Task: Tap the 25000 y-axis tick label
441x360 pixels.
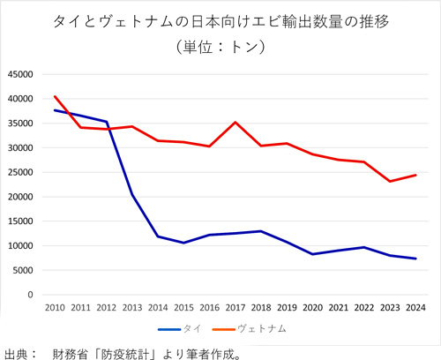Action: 21,172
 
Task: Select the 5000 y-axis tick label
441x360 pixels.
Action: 24,270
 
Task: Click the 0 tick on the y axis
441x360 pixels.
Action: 31,295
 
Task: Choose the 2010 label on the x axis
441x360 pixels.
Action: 55,307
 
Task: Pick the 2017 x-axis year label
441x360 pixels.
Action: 235,307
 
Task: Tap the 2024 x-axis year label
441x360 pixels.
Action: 415,307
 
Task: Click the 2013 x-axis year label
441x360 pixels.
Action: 131,307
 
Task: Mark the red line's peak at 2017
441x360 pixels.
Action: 235,123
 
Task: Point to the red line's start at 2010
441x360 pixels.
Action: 55,96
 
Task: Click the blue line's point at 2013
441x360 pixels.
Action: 131,195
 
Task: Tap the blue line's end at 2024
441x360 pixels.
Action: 415,259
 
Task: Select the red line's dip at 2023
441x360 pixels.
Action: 390,181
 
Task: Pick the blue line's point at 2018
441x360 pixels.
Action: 261,231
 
